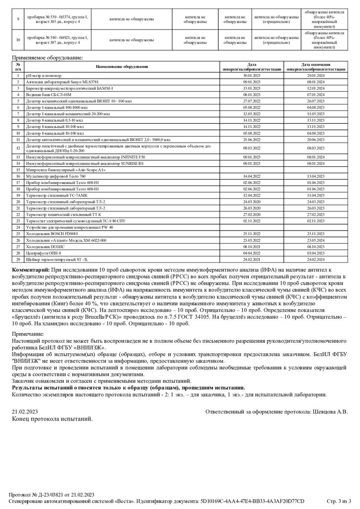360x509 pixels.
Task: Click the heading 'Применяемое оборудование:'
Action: click(x=48, y=58)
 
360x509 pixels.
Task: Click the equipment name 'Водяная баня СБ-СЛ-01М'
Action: click(x=48, y=95)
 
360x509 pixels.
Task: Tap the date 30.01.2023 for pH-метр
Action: click(x=251, y=75)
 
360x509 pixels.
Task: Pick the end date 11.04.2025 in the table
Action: click(x=315, y=196)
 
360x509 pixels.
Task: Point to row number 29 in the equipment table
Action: click(x=18, y=260)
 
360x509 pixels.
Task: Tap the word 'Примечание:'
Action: click(x=28, y=334)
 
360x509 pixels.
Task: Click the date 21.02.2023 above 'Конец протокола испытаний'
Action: click(x=25, y=412)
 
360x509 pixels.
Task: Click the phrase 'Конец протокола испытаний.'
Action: click(x=52, y=419)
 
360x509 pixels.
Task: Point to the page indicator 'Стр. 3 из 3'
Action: click(x=339, y=501)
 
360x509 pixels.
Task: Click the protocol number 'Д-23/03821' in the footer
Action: click(x=51, y=495)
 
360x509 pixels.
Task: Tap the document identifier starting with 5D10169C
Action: click(x=252, y=501)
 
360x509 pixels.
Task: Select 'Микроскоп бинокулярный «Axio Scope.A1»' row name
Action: click(x=65, y=170)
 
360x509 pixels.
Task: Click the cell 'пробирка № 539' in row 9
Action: click(x=57, y=17)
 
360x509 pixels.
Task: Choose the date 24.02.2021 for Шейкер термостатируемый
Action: click(x=251, y=260)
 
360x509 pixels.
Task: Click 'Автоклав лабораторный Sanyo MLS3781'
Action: click(x=62, y=82)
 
